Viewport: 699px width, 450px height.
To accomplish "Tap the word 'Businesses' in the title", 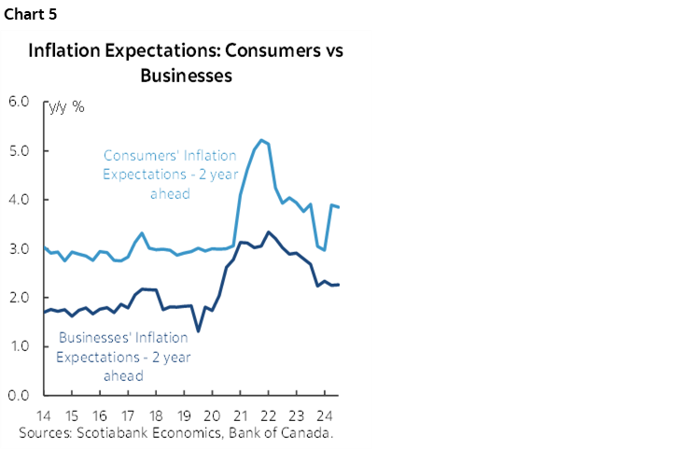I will coord(186,76).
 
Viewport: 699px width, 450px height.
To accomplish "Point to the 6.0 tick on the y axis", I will coord(19,102).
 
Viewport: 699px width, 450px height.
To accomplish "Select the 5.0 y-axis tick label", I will coord(19,151).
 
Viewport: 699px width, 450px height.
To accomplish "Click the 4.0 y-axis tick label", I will coord(19,200).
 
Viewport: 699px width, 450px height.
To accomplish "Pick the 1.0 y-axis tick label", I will coord(19,346).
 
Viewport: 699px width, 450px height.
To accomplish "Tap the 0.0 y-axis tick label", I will coord(19,396).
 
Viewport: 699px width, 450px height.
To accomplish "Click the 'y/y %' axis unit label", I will coord(67,106).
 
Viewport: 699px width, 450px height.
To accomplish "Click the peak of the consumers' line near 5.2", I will coord(261,140).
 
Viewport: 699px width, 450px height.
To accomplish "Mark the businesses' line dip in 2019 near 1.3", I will coord(198,330).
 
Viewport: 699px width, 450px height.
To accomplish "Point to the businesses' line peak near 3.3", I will coord(269,232).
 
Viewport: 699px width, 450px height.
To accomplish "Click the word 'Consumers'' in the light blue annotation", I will coord(137,155).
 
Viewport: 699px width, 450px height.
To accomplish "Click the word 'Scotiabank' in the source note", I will coord(115,433).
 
